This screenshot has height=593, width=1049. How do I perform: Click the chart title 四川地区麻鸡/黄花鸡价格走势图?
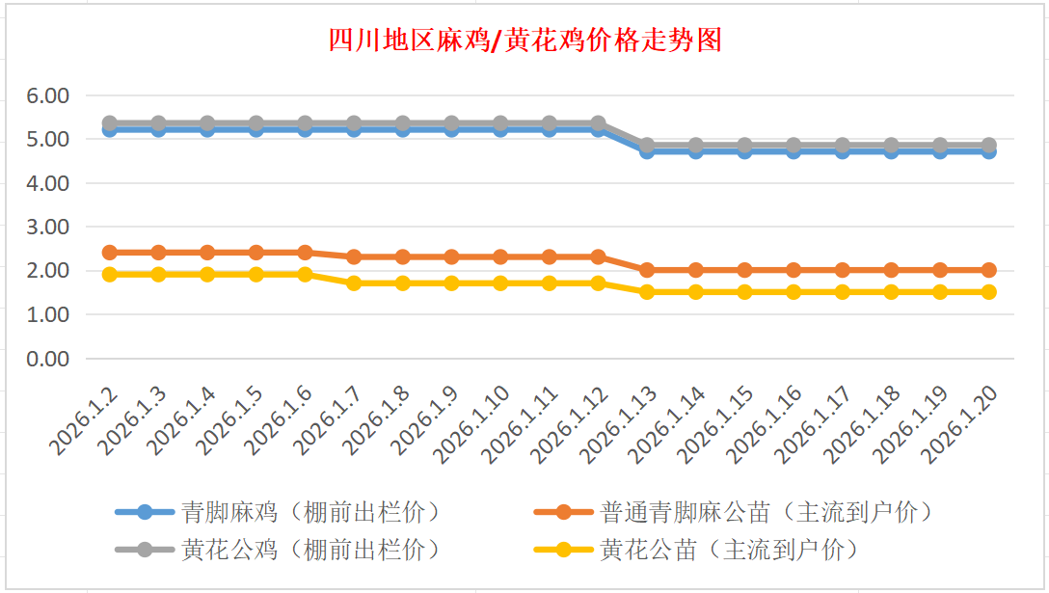tap(524, 40)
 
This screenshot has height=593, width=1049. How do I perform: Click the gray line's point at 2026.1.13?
tap(647, 146)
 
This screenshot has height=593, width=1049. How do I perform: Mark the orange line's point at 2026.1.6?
tap(305, 253)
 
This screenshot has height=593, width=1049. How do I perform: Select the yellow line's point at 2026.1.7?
tap(354, 283)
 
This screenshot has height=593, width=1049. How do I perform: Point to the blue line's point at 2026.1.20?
tap(988, 151)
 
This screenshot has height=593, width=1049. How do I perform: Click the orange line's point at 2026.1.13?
tap(647, 270)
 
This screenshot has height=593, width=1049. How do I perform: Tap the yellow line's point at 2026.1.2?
tap(109, 275)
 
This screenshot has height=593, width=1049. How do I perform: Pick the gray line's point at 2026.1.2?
tap(109, 123)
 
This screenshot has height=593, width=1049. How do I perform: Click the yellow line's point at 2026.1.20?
tap(988, 292)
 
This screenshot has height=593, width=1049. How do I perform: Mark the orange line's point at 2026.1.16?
tap(793, 270)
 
